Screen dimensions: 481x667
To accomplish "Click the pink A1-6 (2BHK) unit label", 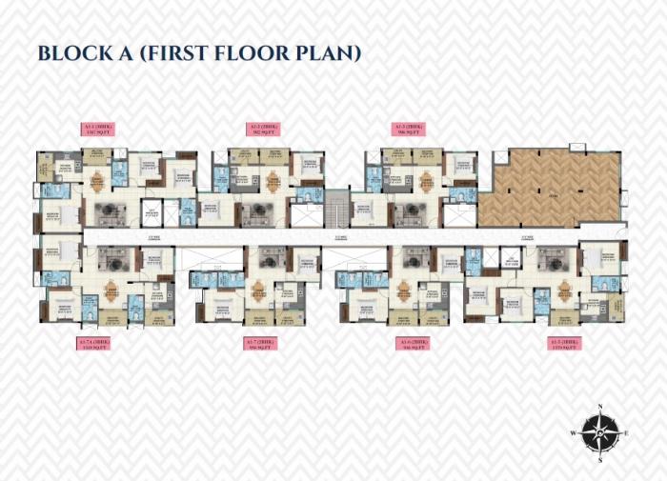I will coord(413,343).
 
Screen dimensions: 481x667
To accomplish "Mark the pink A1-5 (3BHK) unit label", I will coord(560,343).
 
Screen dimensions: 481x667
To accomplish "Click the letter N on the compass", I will coord(600,408).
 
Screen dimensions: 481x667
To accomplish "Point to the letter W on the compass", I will coord(574,433).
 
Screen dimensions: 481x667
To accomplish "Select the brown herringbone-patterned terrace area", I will coord(547,186).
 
